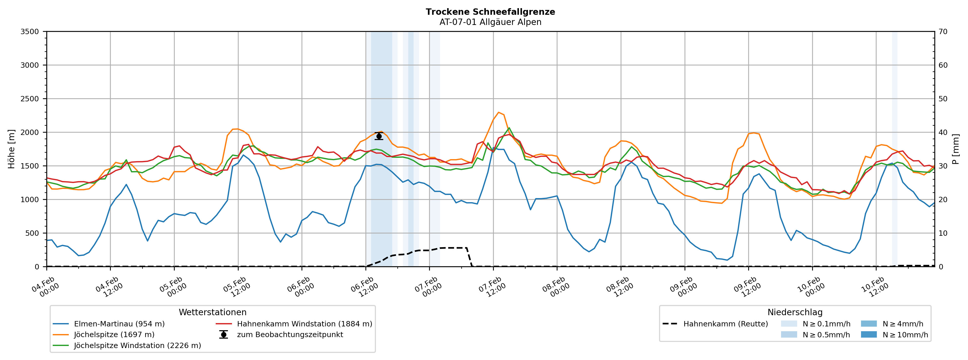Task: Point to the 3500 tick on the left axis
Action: pyautogui.click(x=30, y=32)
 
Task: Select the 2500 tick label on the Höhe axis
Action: pyautogui.click(x=30, y=99)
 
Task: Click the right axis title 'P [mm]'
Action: pyautogui.click(x=956, y=149)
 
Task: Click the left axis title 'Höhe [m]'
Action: pyautogui.click(x=12, y=149)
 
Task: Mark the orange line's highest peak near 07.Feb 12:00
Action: pyautogui.click(x=498, y=112)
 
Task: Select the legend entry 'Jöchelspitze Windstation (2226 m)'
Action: pyautogui.click(x=137, y=345)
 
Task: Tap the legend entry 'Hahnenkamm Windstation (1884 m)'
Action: pyautogui.click(x=304, y=324)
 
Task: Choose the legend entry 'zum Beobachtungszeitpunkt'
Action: pyautogui.click(x=290, y=335)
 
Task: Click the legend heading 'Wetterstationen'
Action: pyautogui.click(x=212, y=312)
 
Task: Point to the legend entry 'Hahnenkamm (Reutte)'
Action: pyautogui.click(x=725, y=324)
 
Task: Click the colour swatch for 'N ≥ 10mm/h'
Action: pyautogui.click(x=868, y=335)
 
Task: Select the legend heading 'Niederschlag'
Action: pyautogui.click(x=795, y=312)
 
